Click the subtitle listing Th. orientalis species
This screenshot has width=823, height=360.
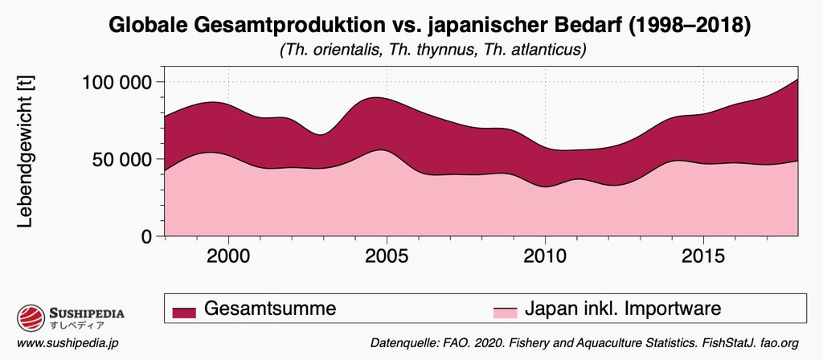point(432,50)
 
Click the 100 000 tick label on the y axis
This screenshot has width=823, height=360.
point(117,82)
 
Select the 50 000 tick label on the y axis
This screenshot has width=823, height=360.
point(121,159)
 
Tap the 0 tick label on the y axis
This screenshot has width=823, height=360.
point(146,237)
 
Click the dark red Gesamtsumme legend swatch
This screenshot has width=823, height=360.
point(184,310)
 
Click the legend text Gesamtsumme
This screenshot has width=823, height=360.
point(269,309)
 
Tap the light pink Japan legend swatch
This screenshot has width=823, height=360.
point(505,310)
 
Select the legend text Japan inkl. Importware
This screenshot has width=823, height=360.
point(623,309)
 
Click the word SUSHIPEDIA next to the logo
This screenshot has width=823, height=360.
point(87,313)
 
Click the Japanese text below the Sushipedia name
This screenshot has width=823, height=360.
point(76,326)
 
